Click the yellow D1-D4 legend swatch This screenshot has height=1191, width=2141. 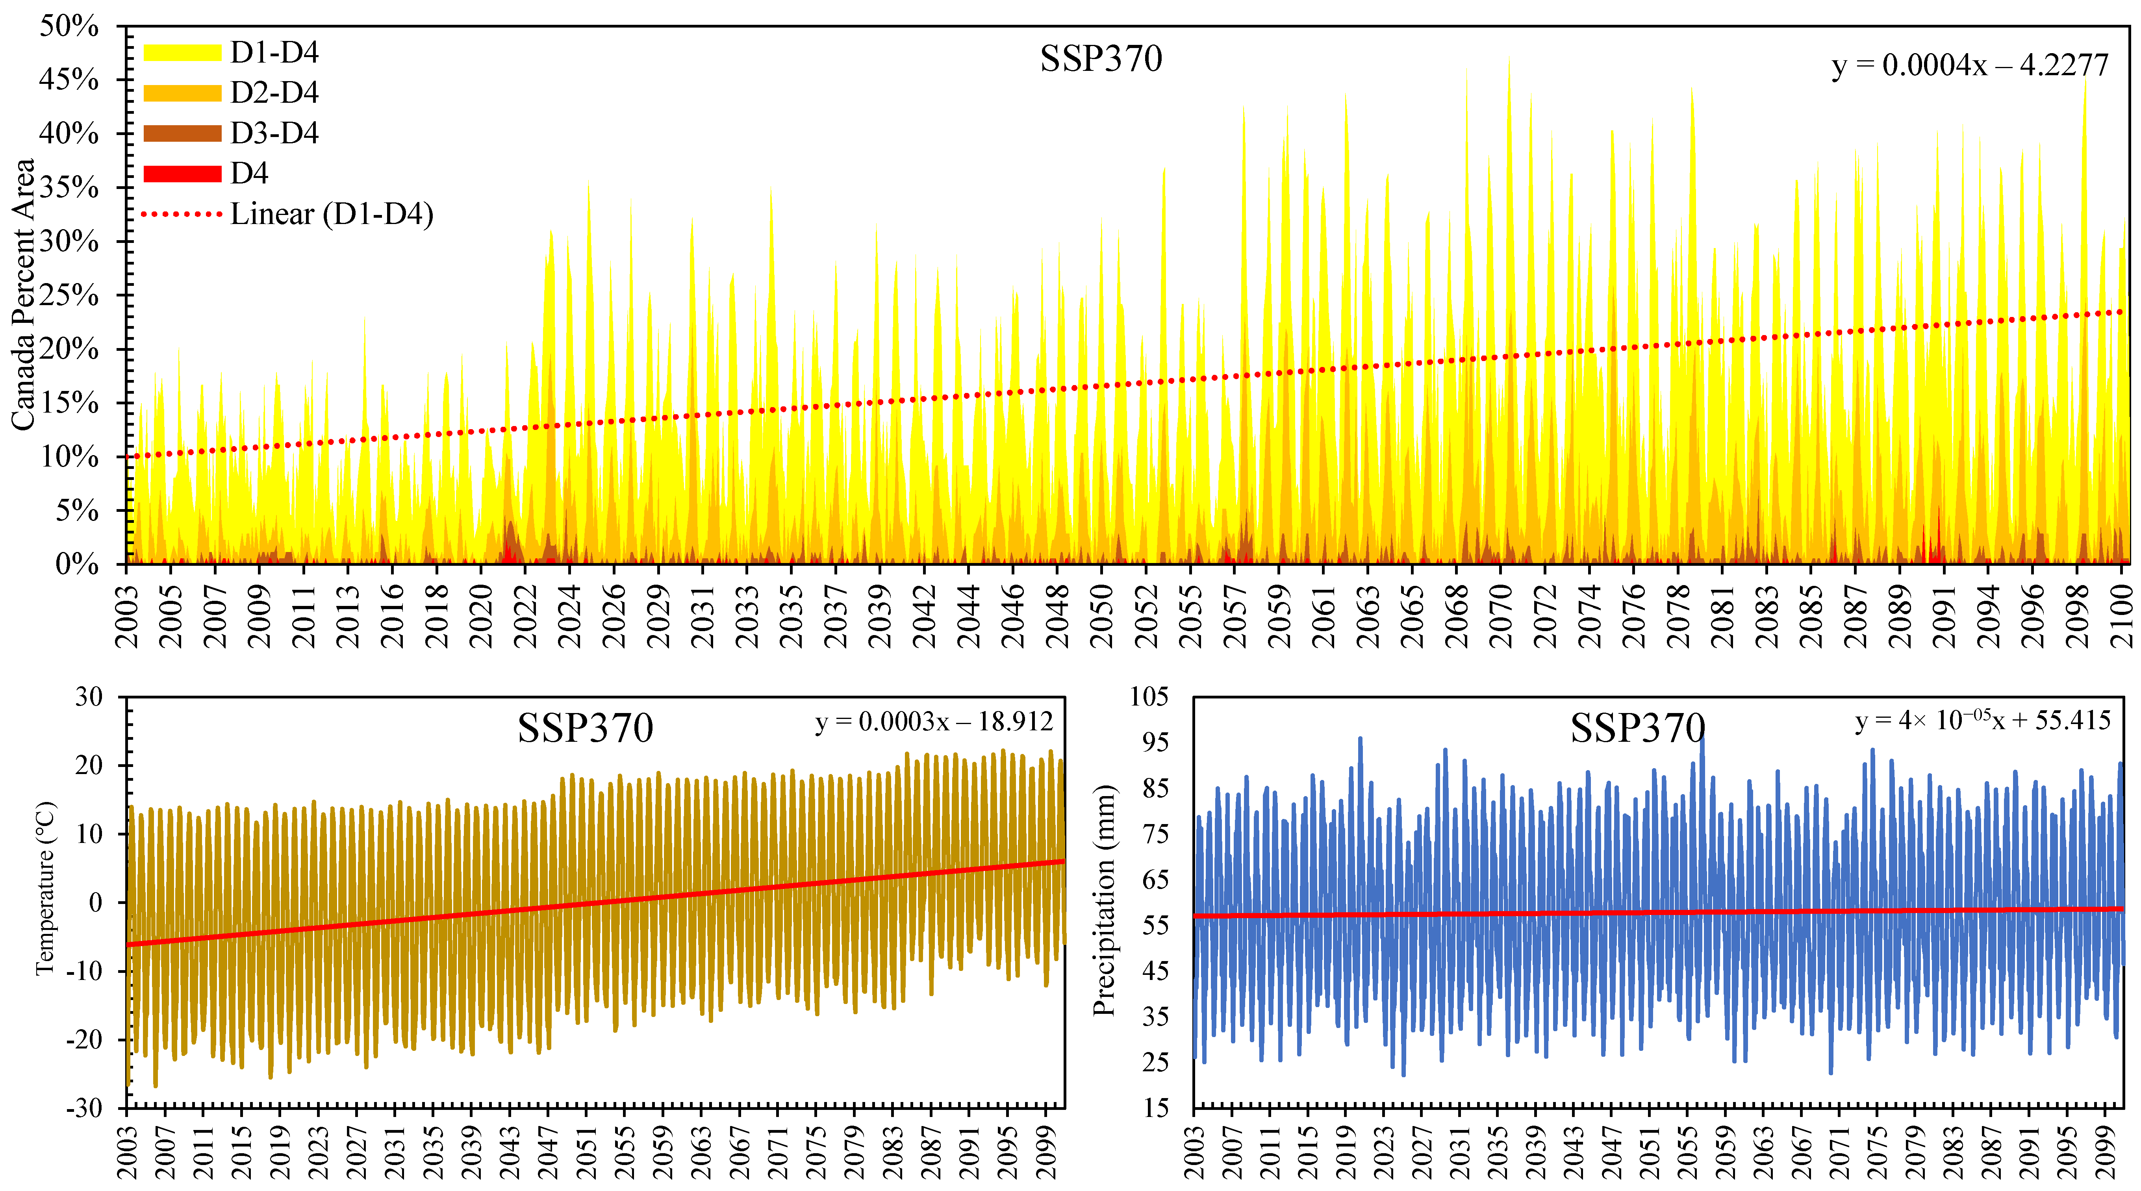point(182,52)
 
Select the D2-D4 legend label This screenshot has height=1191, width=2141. point(274,92)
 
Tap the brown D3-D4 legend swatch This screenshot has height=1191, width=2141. point(182,133)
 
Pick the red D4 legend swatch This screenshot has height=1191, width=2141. point(182,173)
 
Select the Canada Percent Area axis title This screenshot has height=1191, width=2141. point(23,295)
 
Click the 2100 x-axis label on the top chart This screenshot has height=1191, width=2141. point(2122,615)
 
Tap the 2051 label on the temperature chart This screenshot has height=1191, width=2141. point(587,1151)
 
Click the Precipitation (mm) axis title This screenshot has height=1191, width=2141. point(1104,900)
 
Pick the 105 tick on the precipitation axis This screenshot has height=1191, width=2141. point(1149,696)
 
